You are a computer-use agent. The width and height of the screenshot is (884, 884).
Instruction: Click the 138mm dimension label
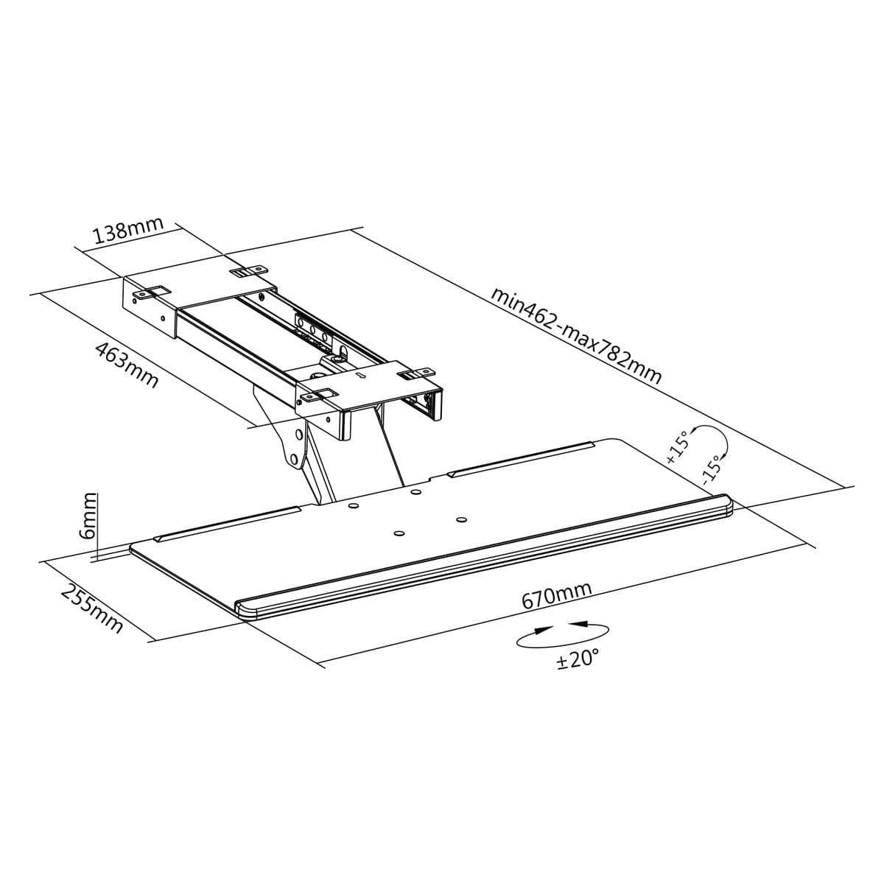(x=128, y=230)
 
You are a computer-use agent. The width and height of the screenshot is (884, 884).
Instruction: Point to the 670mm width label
(x=556, y=595)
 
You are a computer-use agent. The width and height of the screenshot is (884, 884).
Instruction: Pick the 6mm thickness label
(x=88, y=516)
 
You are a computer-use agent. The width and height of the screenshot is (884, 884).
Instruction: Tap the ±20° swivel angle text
(x=578, y=659)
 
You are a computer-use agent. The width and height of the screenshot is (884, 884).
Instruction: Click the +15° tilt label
(x=678, y=446)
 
